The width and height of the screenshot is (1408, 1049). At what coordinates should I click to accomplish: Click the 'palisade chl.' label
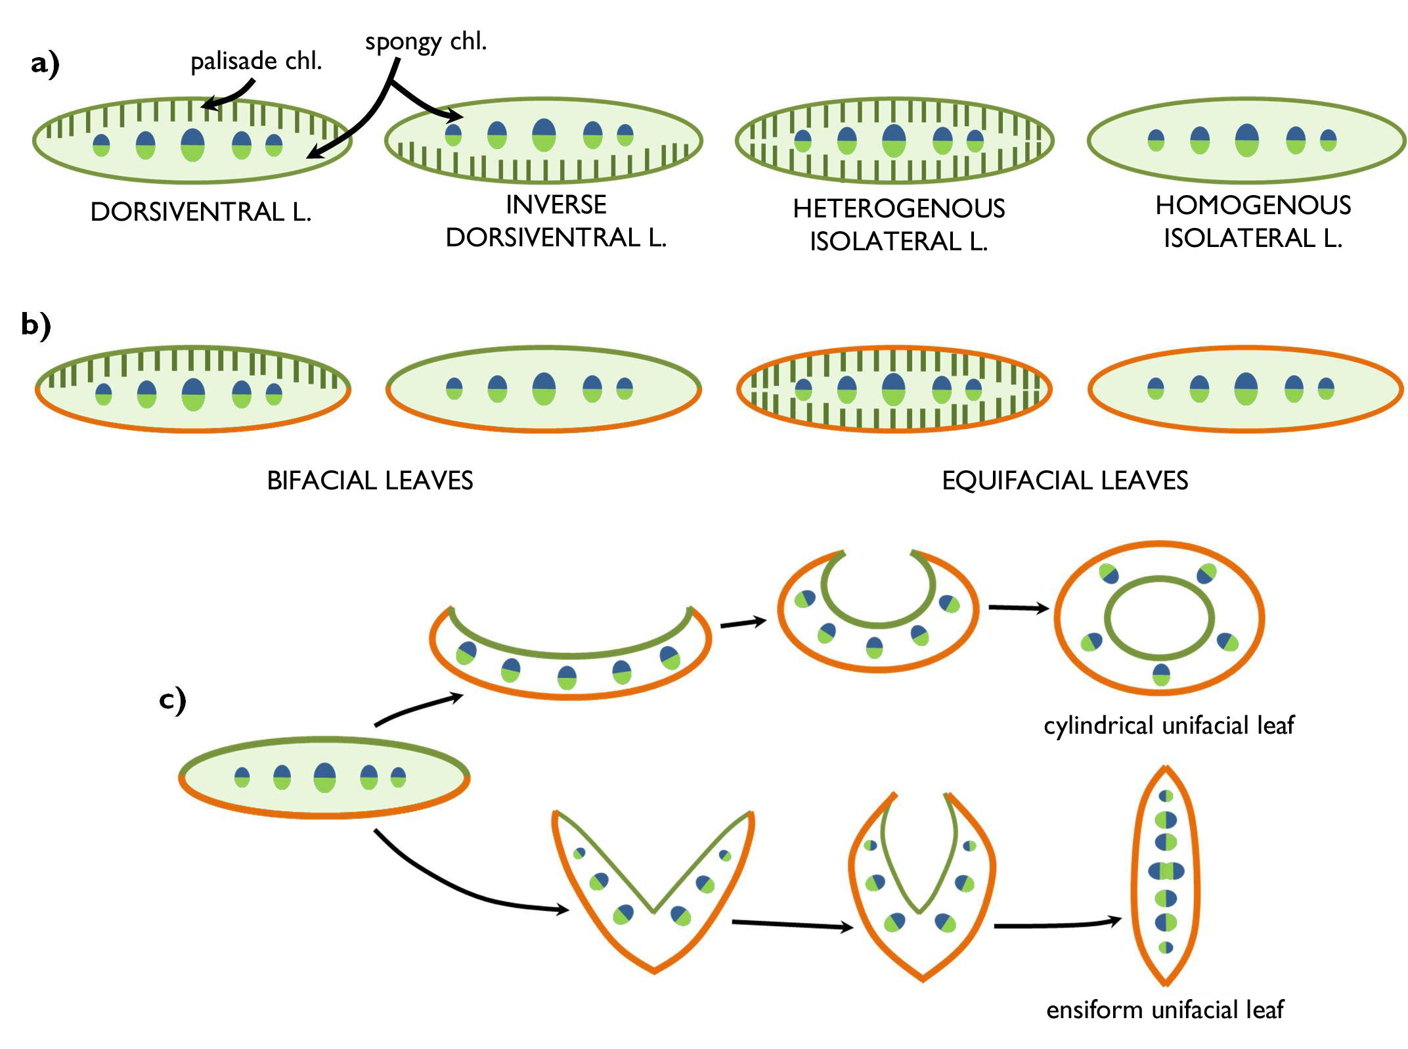(x=256, y=62)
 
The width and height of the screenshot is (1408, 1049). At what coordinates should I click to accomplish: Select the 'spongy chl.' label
(x=426, y=42)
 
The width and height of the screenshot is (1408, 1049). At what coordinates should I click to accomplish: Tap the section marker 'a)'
(x=45, y=65)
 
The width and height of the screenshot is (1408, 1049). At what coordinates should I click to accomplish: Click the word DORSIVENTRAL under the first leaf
(x=187, y=212)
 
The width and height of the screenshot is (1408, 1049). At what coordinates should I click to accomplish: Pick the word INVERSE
(x=556, y=205)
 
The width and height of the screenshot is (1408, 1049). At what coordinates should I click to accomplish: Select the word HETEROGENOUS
(x=898, y=209)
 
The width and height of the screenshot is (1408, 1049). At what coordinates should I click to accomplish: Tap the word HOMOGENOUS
(x=1252, y=206)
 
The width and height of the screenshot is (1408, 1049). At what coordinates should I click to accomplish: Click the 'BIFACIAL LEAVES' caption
(x=370, y=481)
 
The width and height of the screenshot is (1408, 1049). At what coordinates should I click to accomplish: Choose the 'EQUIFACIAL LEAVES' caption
(x=1065, y=481)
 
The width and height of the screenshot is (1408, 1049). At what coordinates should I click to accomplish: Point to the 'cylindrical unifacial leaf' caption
(x=1168, y=726)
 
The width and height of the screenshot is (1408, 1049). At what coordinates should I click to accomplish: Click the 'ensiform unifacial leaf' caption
(x=1164, y=1010)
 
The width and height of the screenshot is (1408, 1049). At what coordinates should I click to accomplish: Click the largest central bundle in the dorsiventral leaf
(x=192, y=144)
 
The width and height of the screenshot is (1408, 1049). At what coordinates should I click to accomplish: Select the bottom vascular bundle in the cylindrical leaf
(x=1160, y=675)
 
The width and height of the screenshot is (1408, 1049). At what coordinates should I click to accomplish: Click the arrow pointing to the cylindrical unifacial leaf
(x=1019, y=608)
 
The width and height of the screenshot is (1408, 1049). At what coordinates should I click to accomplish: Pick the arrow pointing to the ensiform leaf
(x=1057, y=924)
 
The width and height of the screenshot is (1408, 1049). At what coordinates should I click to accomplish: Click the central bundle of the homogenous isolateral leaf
(x=1246, y=140)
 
